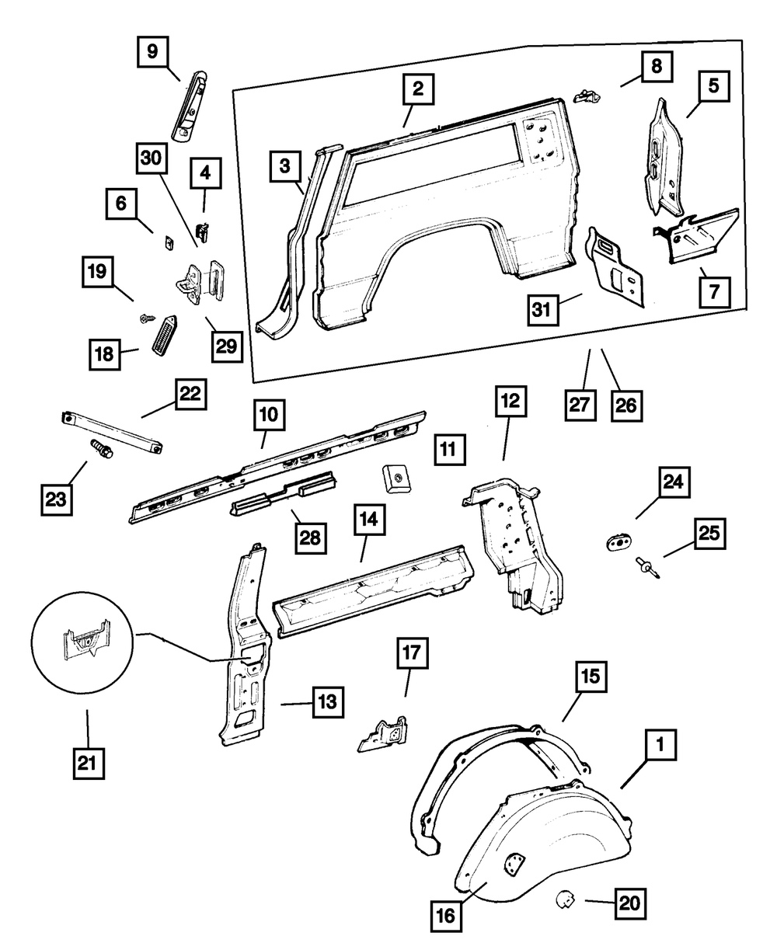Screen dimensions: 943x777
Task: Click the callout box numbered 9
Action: (152, 52)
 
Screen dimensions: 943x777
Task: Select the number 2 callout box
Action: (418, 91)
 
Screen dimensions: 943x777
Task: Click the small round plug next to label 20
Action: (565, 901)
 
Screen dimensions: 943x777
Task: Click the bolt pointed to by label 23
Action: (99, 448)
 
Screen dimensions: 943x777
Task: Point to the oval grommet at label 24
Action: (618, 542)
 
